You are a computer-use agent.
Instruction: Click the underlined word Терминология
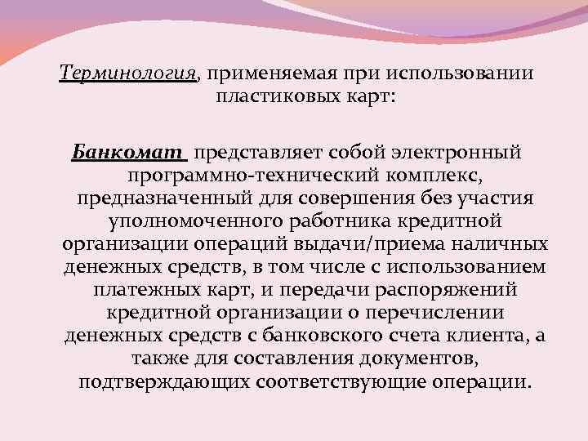(128, 73)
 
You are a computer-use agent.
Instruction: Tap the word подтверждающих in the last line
(164, 382)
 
